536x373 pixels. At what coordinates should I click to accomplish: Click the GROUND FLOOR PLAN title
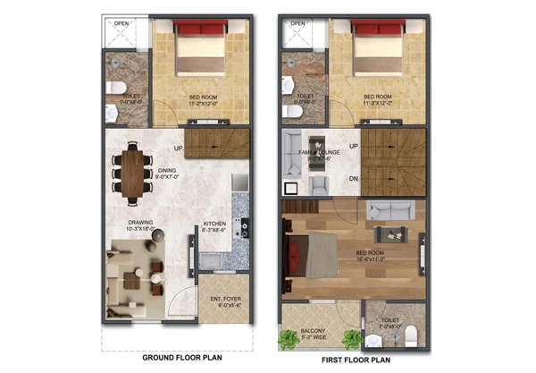point(181,359)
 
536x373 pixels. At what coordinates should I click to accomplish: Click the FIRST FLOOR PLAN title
point(356,359)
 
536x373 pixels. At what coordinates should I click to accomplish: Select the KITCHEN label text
point(214,224)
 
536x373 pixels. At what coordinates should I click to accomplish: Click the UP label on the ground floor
point(179,148)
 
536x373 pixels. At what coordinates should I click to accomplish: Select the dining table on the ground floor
point(133,172)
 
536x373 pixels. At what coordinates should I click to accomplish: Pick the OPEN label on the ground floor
point(120,23)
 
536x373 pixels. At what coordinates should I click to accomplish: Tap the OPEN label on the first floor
point(297,23)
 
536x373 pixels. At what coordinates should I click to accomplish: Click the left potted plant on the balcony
point(289,340)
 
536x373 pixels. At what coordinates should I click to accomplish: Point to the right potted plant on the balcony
point(353,340)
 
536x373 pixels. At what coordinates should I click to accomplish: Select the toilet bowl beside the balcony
point(410,335)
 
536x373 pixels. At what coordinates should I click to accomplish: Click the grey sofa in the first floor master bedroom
point(390,211)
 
